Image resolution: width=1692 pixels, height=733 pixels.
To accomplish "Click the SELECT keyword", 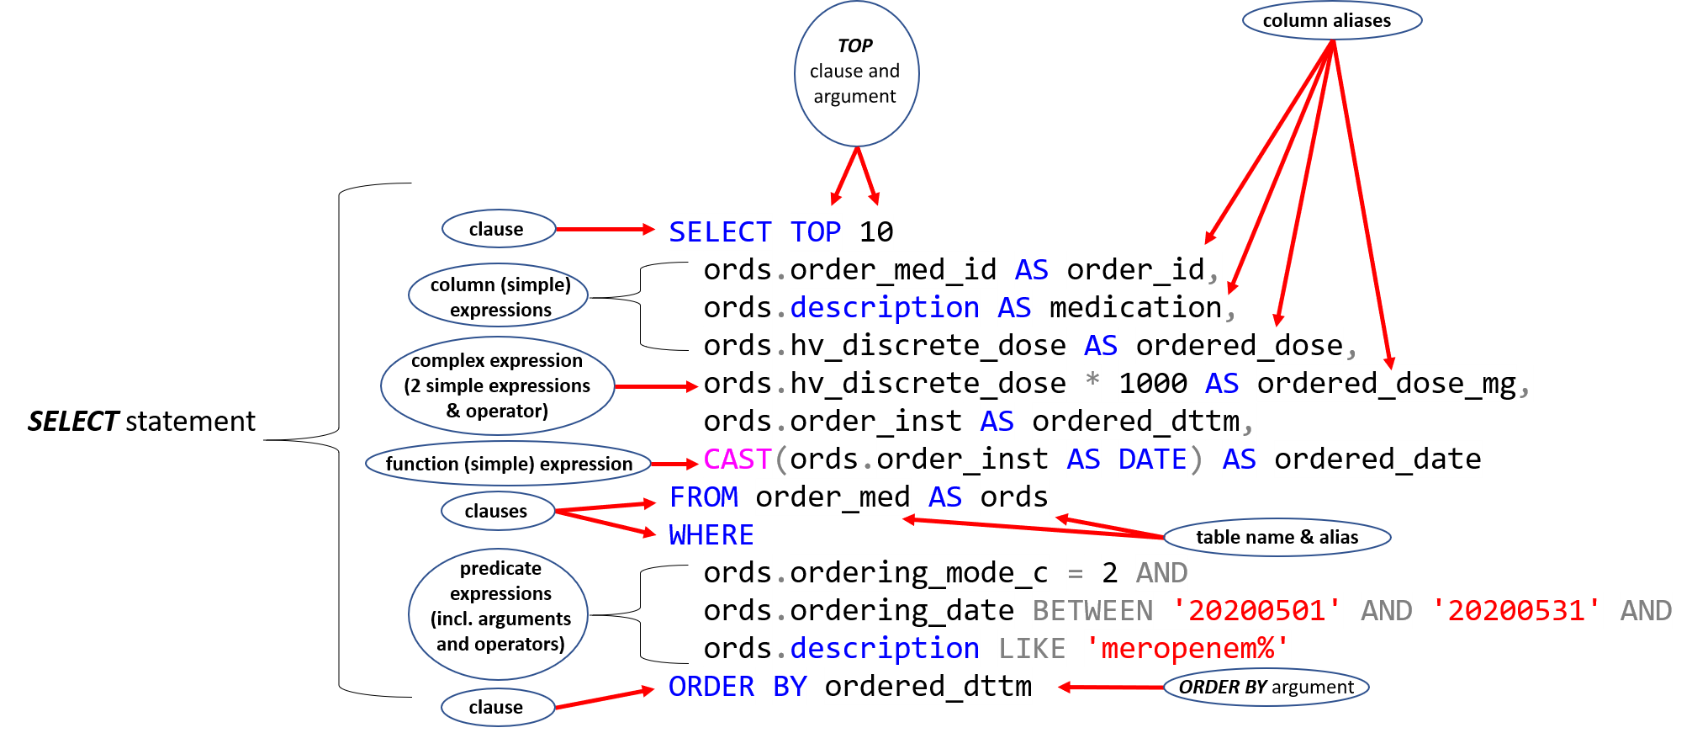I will pyautogui.click(x=720, y=232).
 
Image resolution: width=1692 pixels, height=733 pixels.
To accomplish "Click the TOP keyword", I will pyautogui.click(x=815, y=232).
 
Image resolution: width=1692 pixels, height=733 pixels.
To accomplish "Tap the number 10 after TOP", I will pyautogui.click(x=875, y=232).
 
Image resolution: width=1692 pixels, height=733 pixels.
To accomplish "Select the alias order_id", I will pyautogui.click(x=1135, y=270).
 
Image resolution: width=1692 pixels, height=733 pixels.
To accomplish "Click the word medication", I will pyautogui.click(x=1135, y=308).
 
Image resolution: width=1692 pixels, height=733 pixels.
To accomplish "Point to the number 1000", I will pyautogui.click(x=1152, y=384).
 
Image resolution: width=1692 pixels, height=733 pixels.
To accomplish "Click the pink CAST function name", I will pyautogui.click(x=737, y=459).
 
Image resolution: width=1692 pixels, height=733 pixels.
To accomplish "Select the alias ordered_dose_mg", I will pyautogui.click(x=1387, y=384).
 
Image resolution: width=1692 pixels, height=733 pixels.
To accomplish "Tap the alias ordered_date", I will pyautogui.click(x=1377, y=459).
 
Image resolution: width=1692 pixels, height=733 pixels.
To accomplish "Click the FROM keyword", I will pyautogui.click(x=703, y=497).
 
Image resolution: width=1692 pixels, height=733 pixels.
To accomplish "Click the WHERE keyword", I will pyautogui.click(x=711, y=535).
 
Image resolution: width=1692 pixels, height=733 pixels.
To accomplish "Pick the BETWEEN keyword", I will pyautogui.click(x=1092, y=611).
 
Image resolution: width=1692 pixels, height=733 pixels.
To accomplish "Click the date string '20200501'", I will pyautogui.click(x=1256, y=611).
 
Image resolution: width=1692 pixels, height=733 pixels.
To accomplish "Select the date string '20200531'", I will pyautogui.click(x=1516, y=611).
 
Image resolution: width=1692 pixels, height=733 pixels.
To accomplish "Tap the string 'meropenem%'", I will pyautogui.click(x=1187, y=649).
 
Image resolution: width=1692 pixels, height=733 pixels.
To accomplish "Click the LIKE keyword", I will pyautogui.click(x=1032, y=649).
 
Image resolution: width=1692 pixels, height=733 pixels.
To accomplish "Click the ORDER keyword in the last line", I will pyautogui.click(x=711, y=687).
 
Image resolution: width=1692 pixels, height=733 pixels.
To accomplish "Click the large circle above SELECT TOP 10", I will pyautogui.click(x=856, y=74).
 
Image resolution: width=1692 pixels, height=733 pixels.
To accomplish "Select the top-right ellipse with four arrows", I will pyautogui.click(x=1332, y=20).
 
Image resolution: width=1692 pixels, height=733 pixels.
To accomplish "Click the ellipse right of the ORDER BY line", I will pyautogui.click(x=1266, y=687).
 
